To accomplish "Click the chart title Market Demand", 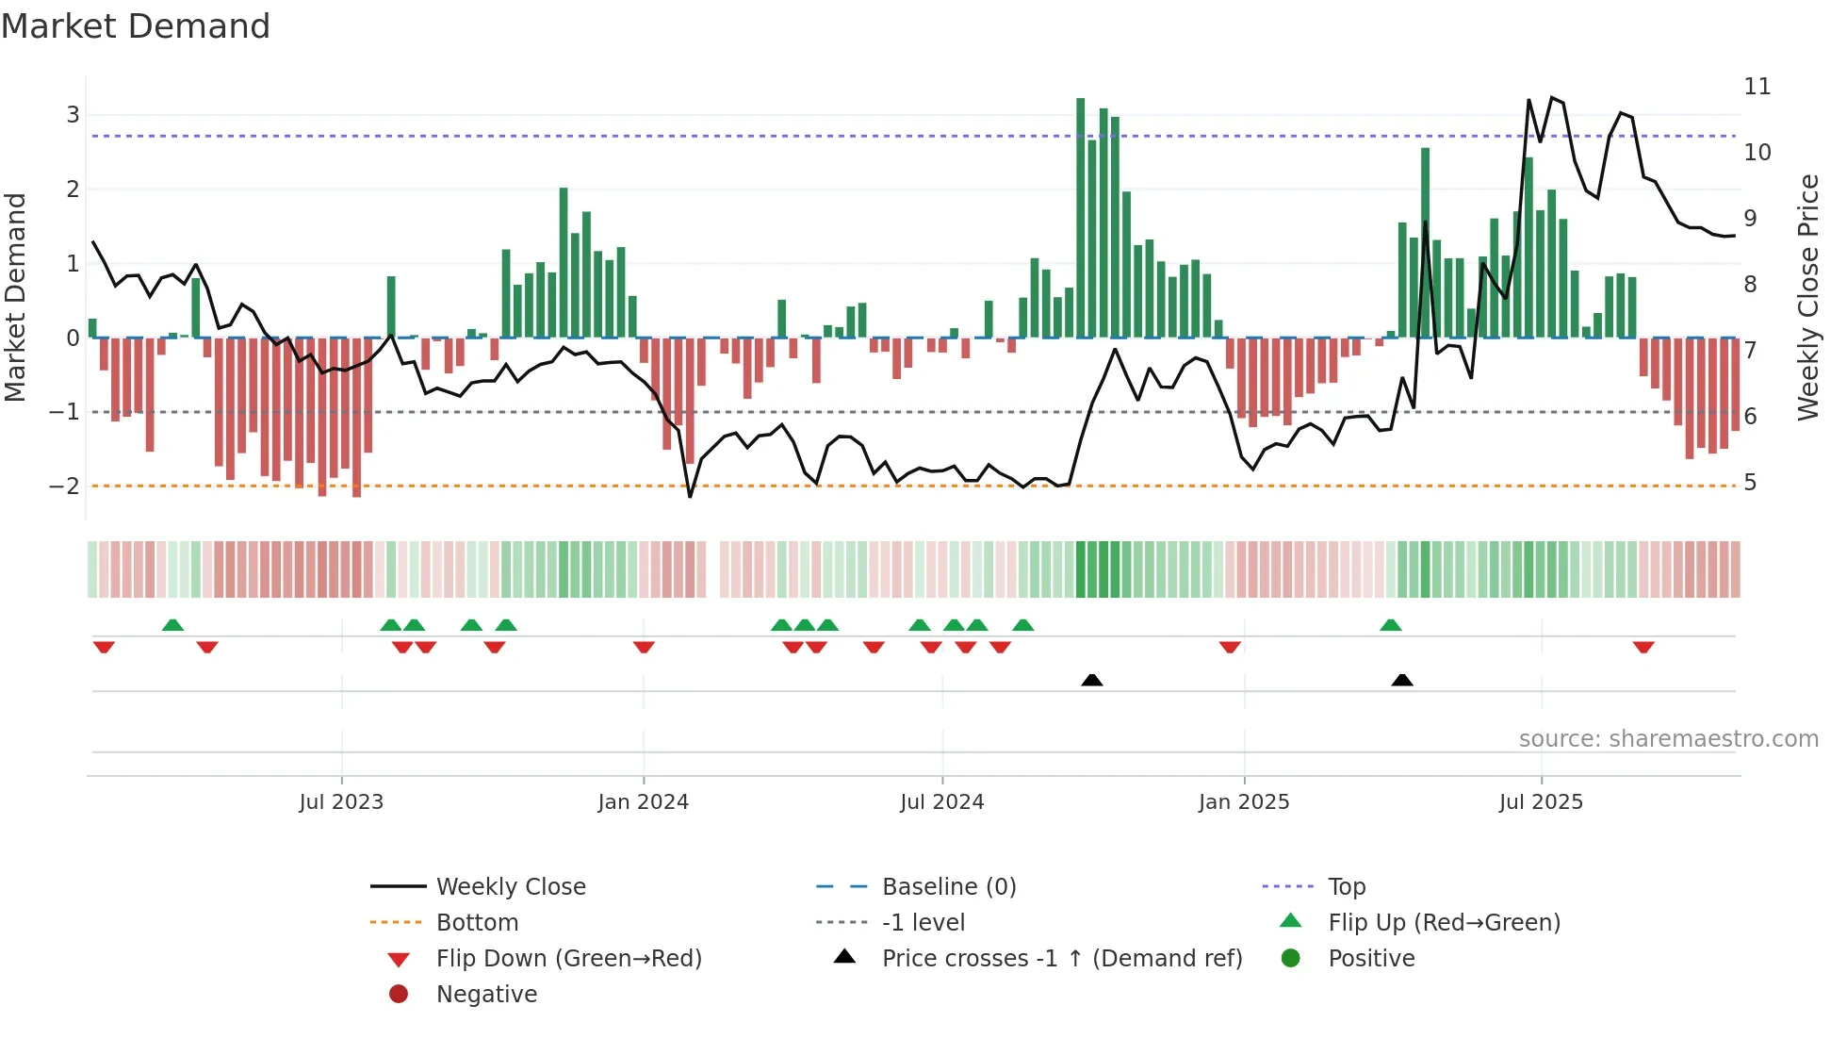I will tap(136, 26).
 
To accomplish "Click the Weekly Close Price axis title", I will tap(1807, 297).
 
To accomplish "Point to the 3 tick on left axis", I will tap(73, 115).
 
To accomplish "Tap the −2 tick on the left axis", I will tap(65, 486).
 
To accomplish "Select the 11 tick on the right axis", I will tap(1757, 87).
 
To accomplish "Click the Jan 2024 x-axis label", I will tap(643, 802).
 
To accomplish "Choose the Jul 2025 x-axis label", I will tap(1541, 802).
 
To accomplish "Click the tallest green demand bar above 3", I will tap(1081, 217).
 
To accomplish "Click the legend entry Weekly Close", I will tap(510, 886).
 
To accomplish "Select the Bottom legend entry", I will tap(477, 922).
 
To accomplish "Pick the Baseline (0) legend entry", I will tap(948, 886).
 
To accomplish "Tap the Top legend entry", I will tap(1347, 886).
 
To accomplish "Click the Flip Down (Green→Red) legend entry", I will tap(568, 958).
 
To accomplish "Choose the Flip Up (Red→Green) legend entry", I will tap(1444, 922).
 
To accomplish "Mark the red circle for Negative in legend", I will tap(399, 994).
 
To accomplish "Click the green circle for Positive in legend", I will tap(1291, 958).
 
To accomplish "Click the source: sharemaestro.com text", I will tap(1668, 738).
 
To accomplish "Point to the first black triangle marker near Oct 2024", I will tap(1091, 680).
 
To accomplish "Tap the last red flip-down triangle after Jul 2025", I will tap(1643, 647).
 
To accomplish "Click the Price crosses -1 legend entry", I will tap(1061, 958).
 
